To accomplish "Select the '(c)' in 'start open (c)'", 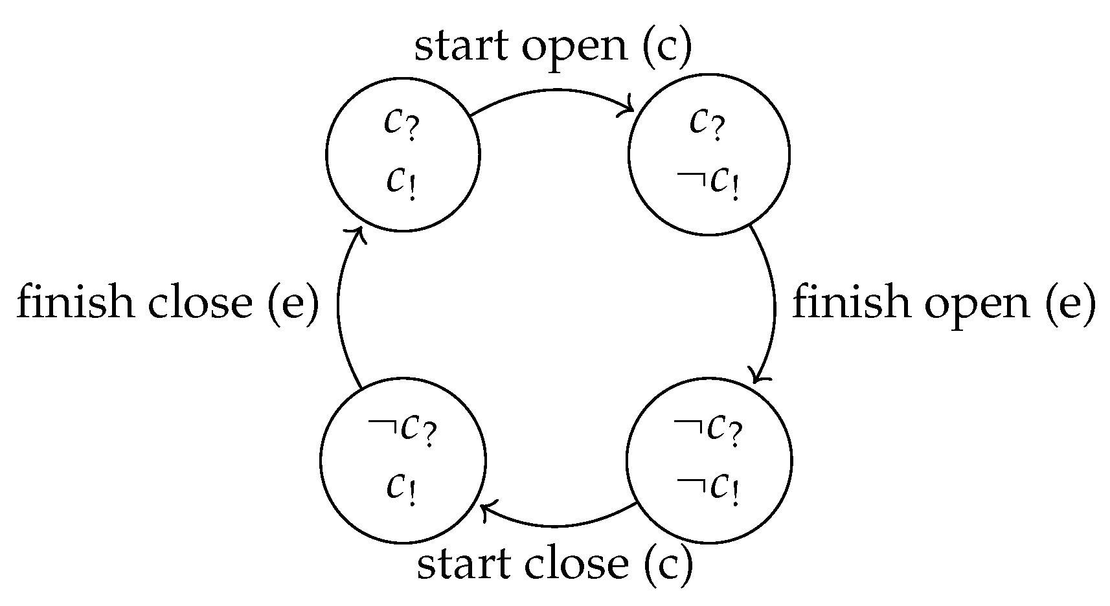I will point(668,47).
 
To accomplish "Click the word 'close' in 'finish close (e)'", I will point(199,302).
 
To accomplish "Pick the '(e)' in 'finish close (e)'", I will point(292,302).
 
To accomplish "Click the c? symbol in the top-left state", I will point(402,123).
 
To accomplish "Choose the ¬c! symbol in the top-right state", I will point(708,183).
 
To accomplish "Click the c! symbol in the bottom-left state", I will point(402,489).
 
